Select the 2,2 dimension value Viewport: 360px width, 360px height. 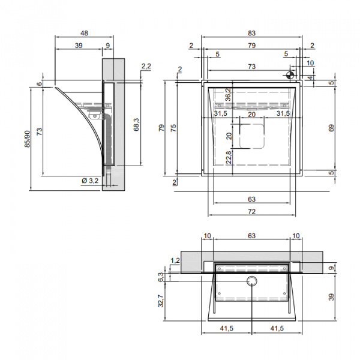146,66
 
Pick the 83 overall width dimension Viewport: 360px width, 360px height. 251,34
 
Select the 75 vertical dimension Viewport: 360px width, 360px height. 172,128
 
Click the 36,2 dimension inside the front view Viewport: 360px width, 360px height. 229,95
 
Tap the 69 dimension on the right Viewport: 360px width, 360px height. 332,127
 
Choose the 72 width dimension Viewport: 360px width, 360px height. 251,211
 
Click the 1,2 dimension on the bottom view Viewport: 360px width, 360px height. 176,260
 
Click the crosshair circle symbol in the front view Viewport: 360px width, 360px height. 290,76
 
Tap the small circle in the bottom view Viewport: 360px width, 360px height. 252,283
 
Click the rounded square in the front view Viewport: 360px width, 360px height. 252,136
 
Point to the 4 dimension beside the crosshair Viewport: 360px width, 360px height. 310,77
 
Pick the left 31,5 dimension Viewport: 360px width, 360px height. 220,113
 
